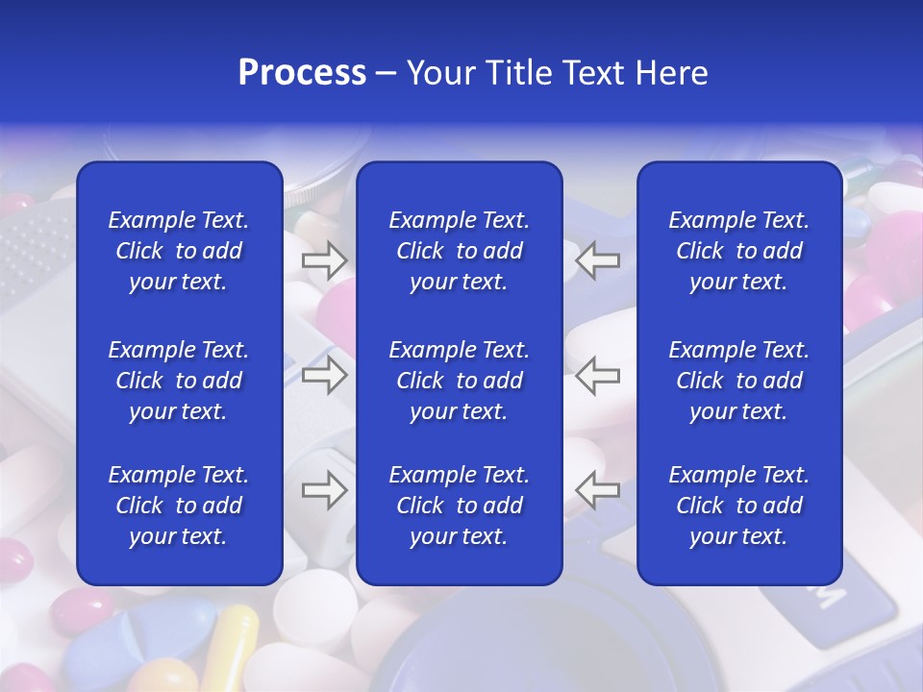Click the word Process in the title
(x=302, y=73)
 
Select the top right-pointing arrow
(x=324, y=259)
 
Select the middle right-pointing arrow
(x=324, y=375)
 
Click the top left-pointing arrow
(x=598, y=259)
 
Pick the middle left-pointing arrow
(x=598, y=375)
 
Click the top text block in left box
(x=179, y=251)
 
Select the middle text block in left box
(x=179, y=381)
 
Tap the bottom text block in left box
(x=179, y=506)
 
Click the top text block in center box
(x=459, y=251)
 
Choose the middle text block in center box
(x=459, y=381)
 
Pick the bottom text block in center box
(x=459, y=506)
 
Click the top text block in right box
(x=738, y=251)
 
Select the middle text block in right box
(x=738, y=381)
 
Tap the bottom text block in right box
(x=738, y=506)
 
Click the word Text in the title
(x=593, y=73)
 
